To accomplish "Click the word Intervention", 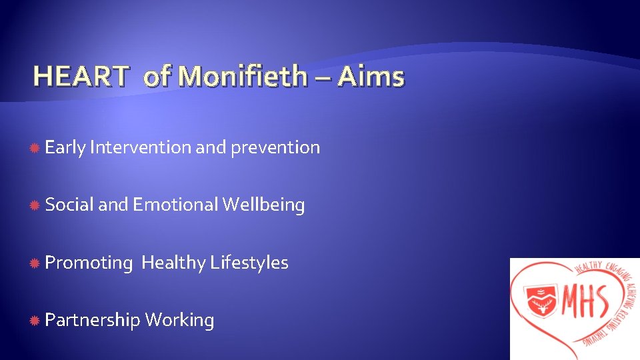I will tap(140, 147).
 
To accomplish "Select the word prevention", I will tap(275, 148).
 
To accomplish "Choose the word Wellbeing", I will tap(263, 205).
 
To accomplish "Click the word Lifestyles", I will tap(249, 263).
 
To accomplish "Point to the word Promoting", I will tap(89, 263).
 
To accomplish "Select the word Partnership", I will tap(93, 321).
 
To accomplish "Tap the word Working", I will tap(179, 321).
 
